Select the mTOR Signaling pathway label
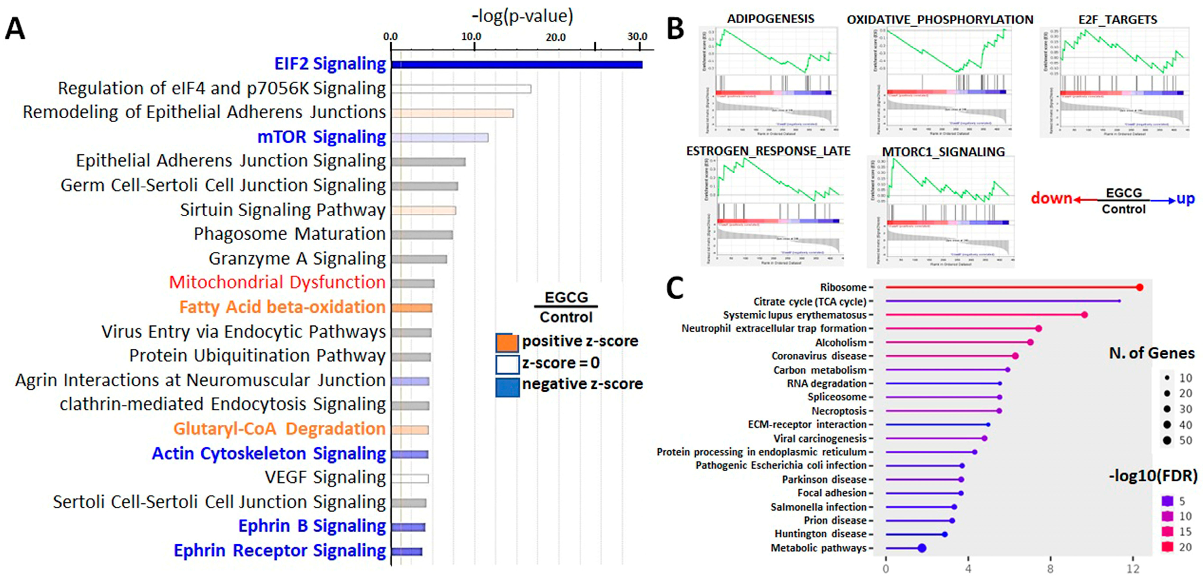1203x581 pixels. coord(321,137)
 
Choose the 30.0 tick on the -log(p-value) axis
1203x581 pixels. coord(637,36)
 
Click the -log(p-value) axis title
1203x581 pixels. coord(522,16)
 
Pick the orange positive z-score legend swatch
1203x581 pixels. coord(507,342)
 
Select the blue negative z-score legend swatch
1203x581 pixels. coord(507,387)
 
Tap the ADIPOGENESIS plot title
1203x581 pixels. coord(771,19)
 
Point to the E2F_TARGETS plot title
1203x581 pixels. coord(1118,20)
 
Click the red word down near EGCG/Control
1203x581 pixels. coord(1051,198)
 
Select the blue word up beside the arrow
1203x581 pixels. coord(1185,198)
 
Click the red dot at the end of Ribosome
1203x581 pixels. coord(1139,287)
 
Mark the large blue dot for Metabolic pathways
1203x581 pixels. coord(921,548)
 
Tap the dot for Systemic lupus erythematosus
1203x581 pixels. coord(1084,315)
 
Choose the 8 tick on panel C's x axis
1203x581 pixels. coord(1050,569)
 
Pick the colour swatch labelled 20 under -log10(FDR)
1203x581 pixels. coord(1167,546)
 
